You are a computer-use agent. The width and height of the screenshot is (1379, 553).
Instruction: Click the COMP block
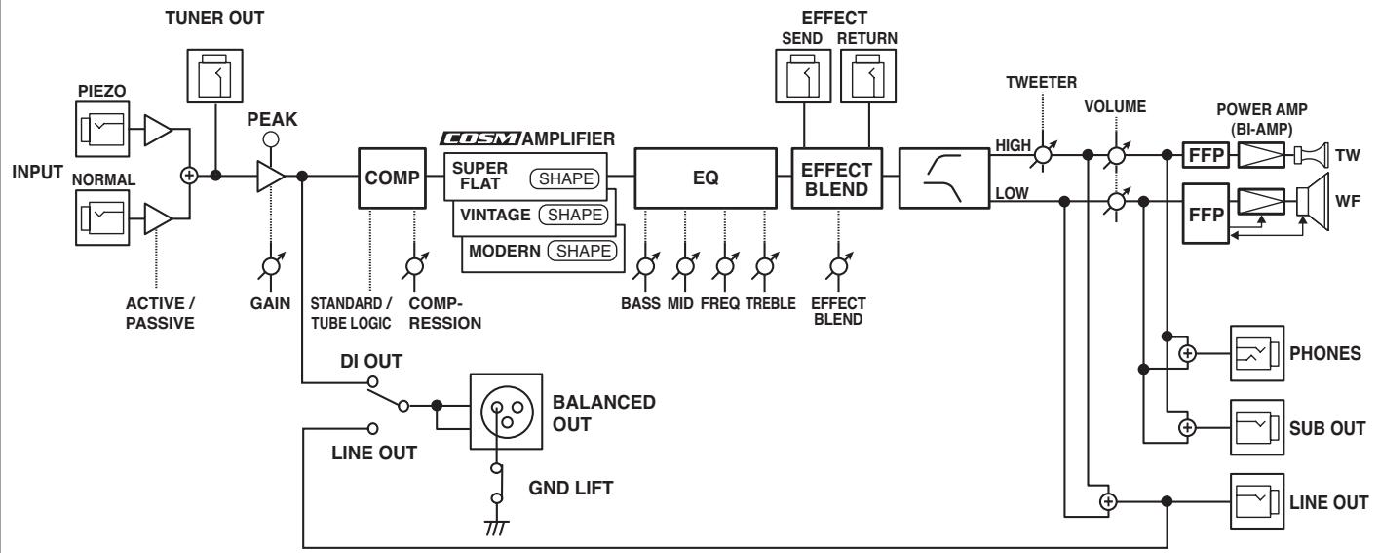392,178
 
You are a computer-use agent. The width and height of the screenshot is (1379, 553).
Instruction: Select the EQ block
706,178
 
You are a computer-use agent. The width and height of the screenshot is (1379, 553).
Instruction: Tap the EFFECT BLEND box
836,178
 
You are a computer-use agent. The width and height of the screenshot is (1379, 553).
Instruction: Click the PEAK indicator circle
270,139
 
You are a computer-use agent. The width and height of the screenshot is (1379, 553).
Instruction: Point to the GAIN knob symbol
271,266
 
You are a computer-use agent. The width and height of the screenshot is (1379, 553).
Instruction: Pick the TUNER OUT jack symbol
214,76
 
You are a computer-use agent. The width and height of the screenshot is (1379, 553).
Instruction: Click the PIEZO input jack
102,130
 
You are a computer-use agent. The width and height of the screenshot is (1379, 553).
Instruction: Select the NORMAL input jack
102,218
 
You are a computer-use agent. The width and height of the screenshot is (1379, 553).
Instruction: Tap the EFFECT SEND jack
803,76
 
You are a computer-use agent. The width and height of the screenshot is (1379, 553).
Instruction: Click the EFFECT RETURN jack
868,76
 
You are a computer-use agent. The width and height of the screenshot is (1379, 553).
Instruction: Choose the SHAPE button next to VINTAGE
574,215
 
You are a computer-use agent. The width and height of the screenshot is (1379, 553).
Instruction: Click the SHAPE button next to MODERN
583,251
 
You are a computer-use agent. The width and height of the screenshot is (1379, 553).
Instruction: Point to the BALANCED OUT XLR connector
506,412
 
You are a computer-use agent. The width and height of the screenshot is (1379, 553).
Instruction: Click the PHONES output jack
1257,353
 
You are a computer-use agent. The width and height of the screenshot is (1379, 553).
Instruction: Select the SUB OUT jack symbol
1257,427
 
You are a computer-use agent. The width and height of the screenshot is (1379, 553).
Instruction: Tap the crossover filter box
944,178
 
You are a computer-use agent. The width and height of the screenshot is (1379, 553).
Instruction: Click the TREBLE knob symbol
765,266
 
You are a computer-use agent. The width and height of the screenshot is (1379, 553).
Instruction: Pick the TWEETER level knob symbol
1043,154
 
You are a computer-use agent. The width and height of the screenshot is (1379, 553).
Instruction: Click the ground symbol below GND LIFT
496,528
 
